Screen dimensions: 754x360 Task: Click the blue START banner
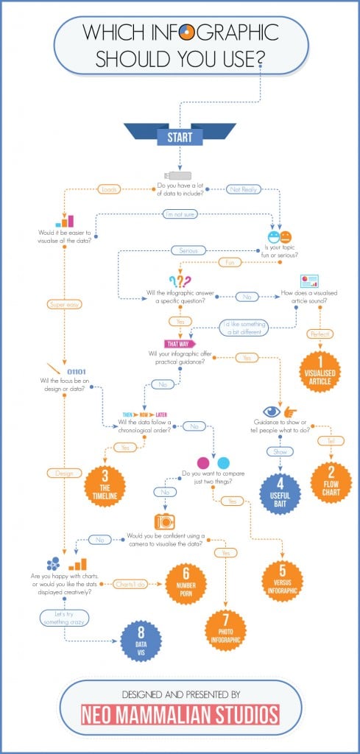(x=180, y=136)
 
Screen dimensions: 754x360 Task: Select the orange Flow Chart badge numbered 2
(x=331, y=482)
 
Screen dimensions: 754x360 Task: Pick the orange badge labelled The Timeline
(x=105, y=487)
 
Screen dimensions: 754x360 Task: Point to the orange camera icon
(x=164, y=521)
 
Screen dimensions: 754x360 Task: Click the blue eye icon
(x=271, y=412)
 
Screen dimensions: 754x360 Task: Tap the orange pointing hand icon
(x=291, y=412)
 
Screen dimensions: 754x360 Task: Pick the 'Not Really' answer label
(x=242, y=189)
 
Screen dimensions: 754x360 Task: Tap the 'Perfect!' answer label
(x=320, y=334)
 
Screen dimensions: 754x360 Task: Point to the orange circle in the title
(x=187, y=32)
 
